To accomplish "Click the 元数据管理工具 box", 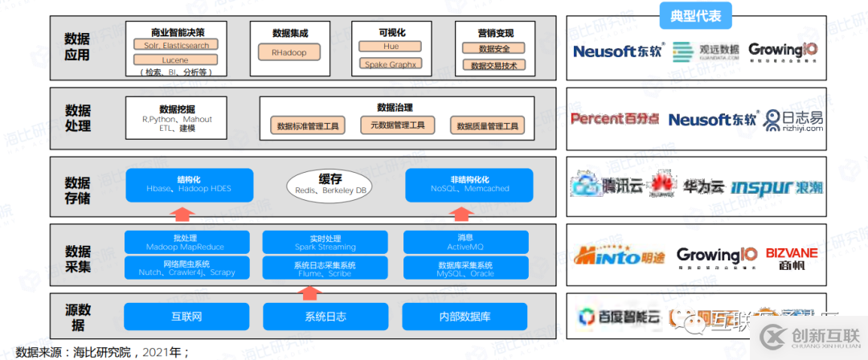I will click(x=397, y=125).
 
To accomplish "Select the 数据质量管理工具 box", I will click(x=488, y=126).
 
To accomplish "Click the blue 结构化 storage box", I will click(x=189, y=185).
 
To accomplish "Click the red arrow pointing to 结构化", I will click(x=184, y=213).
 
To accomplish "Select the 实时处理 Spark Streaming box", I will click(x=325, y=243).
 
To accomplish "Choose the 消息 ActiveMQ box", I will click(x=465, y=243).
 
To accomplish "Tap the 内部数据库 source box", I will click(x=465, y=316).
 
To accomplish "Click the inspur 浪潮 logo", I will click(x=776, y=187).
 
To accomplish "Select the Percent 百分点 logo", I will click(x=615, y=119).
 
